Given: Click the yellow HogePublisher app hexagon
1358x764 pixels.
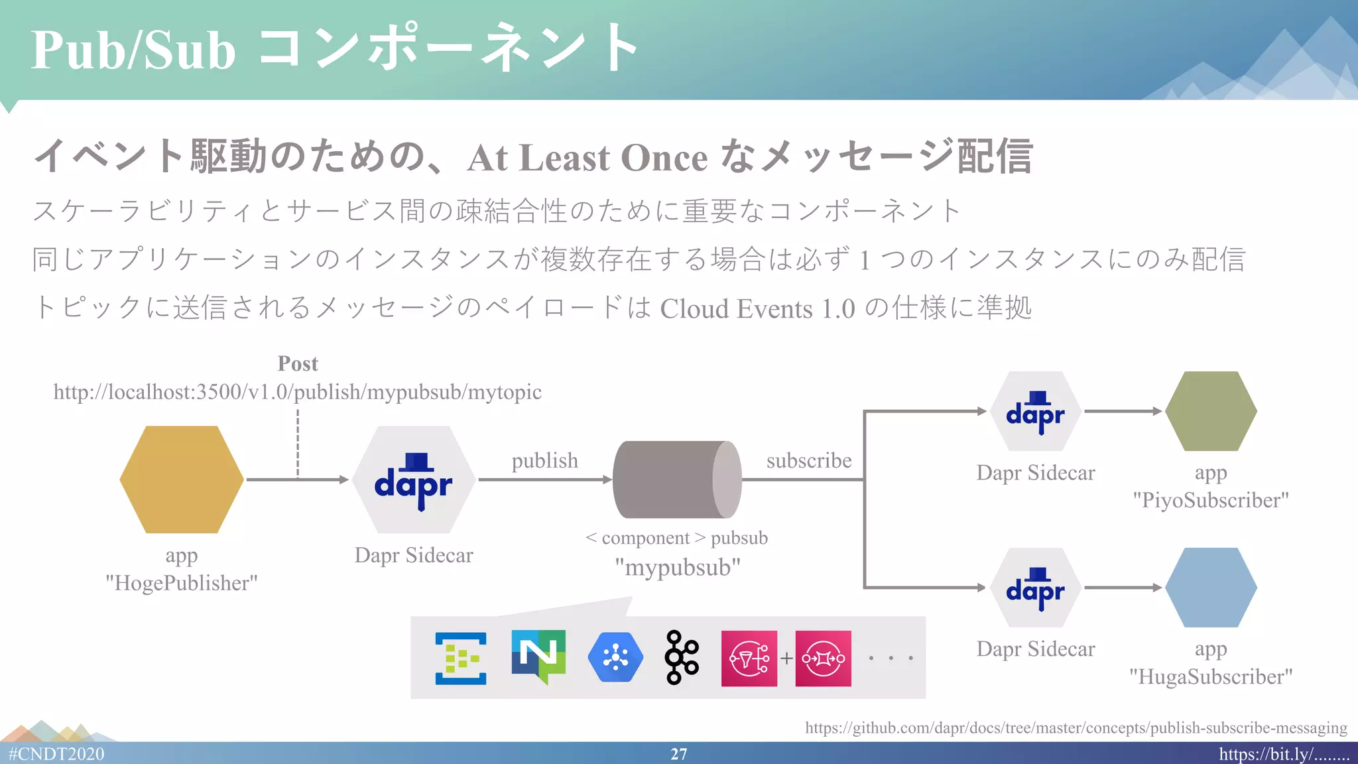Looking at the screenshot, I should pyautogui.click(x=181, y=479).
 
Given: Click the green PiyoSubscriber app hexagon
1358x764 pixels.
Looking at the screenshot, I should pyautogui.click(x=1211, y=411).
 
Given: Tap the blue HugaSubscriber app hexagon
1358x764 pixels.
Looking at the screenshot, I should pyautogui.click(x=1211, y=588).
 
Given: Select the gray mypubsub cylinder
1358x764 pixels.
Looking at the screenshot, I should pyautogui.click(x=676, y=479).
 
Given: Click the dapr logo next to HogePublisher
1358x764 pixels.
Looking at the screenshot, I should pyautogui.click(x=413, y=480).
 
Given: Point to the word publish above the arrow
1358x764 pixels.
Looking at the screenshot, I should pyautogui.click(x=544, y=460).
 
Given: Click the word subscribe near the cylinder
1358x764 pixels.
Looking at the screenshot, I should pyautogui.click(x=808, y=460).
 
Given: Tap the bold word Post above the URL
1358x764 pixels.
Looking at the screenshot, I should pyautogui.click(x=298, y=363).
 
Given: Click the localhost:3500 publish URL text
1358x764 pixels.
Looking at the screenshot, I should pyautogui.click(x=297, y=392).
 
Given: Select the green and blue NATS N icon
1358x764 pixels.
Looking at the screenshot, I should pyautogui.click(x=538, y=657).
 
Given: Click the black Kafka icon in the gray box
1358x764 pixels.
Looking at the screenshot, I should pyautogui.click(x=682, y=657).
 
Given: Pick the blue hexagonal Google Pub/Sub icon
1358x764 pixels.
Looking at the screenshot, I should pyautogui.click(x=615, y=657).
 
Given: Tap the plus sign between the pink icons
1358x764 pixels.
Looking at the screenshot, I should pyautogui.click(x=786, y=658).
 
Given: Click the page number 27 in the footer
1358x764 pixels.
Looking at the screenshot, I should pyautogui.click(x=678, y=754).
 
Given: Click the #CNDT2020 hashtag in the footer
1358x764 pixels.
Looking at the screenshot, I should pyautogui.click(x=56, y=754).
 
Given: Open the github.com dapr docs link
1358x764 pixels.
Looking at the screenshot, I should pyautogui.click(x=1076, y=728).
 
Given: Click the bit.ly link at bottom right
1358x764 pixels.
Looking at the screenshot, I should pyautogui.click(x=1283, y=754).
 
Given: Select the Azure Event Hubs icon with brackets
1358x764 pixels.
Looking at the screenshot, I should pyautogui.click(x=460, y=658).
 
